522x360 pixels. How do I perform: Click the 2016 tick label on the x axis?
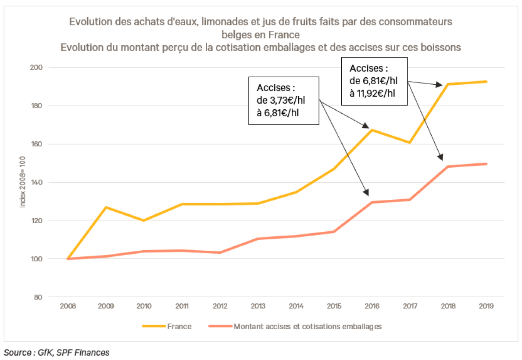pyautogui.click(x=372, y=306)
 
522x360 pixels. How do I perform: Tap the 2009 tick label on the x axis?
pyautogui.click(x=106, y=306)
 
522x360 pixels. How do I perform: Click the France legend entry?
pyautogui.click(x=167, y=327)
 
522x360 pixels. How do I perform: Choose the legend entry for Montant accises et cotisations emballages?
pyautogui.click(x=295, y=327)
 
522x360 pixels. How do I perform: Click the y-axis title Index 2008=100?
pyautogui.click(x=23, y=182)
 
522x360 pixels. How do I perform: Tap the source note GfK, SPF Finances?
pyautogui.click(x=57, y=352)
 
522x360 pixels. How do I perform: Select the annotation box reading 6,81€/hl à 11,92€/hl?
pyautogui.click(x=375, y=81)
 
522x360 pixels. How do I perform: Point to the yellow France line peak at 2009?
pyautogui.click(x=106, y=207)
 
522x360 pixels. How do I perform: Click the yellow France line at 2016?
pyautogui.click(x=372, y=130)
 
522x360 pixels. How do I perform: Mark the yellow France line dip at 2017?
pyautogui.click(x=410, y=143)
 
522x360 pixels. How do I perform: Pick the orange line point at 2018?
pyautogui.click(x=448, y=166)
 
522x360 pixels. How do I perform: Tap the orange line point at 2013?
pyautogui.click(x=258, y=239)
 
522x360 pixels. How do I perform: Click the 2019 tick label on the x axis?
pyautogui.click(x=486, y=306)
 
